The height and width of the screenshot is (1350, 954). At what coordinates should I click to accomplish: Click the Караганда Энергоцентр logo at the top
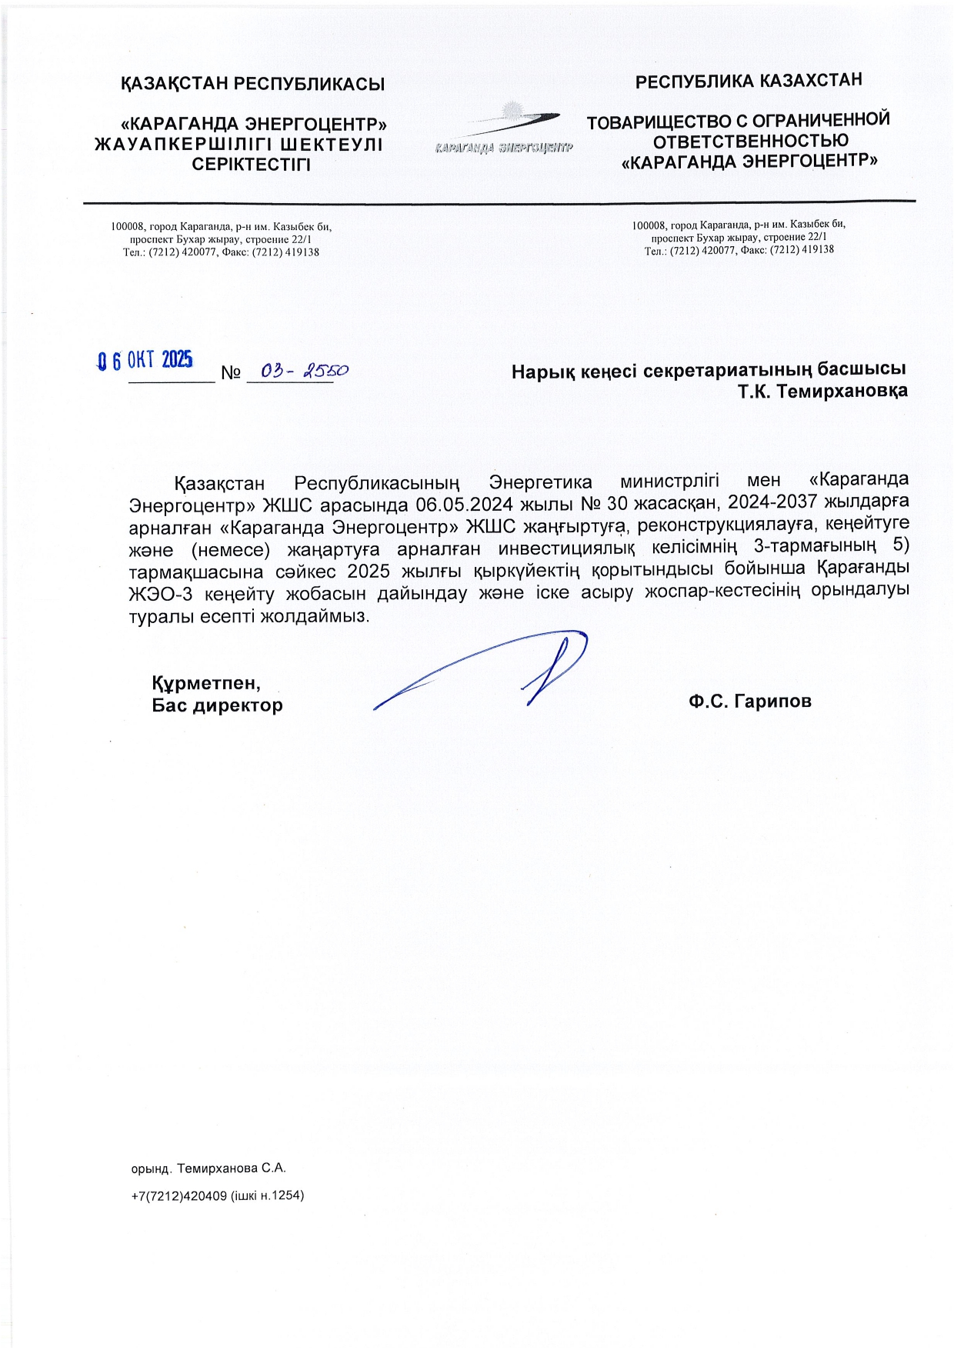(504, 131)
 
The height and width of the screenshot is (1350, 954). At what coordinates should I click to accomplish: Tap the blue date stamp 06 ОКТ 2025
(145, 360)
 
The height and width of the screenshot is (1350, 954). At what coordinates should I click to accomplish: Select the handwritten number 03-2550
(304, 371)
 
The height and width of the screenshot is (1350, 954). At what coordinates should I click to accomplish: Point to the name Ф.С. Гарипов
(750, 701)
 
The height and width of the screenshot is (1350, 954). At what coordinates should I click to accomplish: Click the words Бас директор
(217, 705)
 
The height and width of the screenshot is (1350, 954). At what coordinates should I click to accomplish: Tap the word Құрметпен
(205, 683)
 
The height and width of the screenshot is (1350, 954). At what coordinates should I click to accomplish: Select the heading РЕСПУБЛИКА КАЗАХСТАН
(748, 81)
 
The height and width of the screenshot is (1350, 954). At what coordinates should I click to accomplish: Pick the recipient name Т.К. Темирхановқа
(822, 391)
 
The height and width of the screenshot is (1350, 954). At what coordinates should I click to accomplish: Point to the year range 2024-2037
(773, 502)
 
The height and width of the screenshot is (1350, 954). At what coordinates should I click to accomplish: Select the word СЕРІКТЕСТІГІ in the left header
(251, 165)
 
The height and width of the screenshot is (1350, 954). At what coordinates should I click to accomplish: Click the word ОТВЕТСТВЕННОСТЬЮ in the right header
(750, 141)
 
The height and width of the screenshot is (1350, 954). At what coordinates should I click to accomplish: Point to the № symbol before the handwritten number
(231, 373)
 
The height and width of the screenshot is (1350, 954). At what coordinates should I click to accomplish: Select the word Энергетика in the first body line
(540, 482)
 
